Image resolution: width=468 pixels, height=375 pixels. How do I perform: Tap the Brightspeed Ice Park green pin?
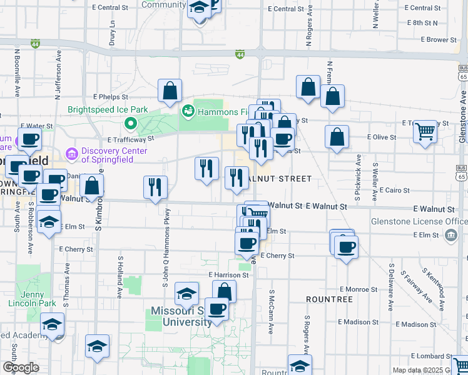(x=131, y=122)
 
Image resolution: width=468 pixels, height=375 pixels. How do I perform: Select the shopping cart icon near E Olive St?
(x=425, y=131)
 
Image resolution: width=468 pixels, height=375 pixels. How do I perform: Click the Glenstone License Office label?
(x=427, y=222)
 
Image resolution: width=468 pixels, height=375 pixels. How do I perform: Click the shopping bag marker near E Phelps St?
(x=170, y=91)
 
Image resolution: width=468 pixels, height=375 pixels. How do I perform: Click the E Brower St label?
(x=439, y=39)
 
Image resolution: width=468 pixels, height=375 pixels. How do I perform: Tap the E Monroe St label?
(x=359, y=289)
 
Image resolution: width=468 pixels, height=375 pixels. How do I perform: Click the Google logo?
(x=20, y=367)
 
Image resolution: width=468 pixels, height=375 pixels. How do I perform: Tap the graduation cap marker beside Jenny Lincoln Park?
(x=53, y=324)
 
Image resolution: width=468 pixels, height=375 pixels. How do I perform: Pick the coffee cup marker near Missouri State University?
(x=216, y=309)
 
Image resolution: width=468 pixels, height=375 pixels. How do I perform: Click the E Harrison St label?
(x=228, y=275)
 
